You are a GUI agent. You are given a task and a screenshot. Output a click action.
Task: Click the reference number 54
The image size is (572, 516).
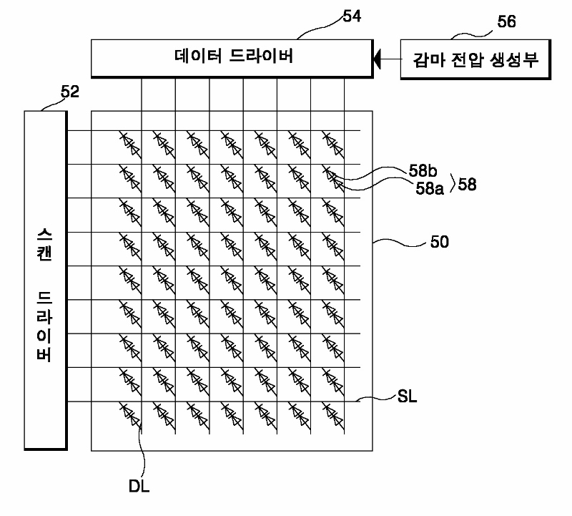click(351, 16)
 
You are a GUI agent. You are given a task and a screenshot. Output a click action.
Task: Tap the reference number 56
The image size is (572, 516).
click(506, 22)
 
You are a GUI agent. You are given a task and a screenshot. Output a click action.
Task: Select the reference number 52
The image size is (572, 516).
click(70, 92)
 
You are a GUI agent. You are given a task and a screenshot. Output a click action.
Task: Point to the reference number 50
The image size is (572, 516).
click(440, 242)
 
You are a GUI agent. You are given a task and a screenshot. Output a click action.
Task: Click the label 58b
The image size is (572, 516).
click(423, 172)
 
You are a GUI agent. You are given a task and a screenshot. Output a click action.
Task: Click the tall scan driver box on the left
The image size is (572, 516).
click(45, 279)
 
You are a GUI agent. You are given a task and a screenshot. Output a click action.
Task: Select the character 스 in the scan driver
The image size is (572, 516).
click(45, 235)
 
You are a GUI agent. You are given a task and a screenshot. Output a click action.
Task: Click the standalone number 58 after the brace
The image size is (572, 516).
click(468, 184)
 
